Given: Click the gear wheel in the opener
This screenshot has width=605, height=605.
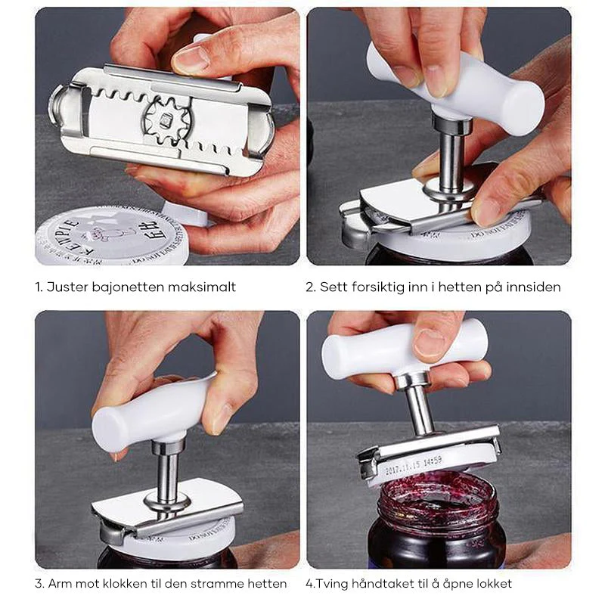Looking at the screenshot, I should point(164,119).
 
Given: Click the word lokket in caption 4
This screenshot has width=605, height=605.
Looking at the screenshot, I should point(492,583).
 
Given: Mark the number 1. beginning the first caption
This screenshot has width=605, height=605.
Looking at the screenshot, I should point(39,287).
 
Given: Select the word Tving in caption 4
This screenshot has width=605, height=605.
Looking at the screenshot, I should point(330,583).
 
